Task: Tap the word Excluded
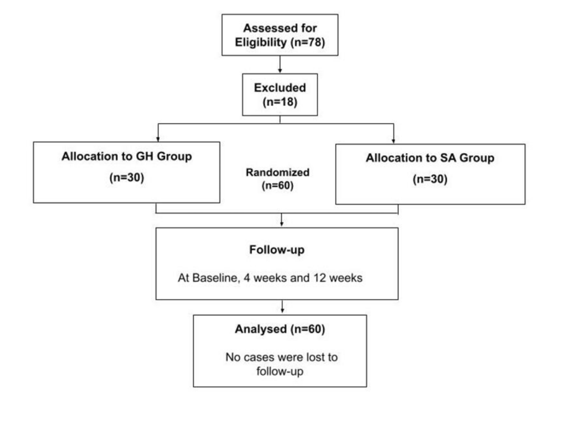pyautogui.click(x=279, y=87)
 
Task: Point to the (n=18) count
pyautogui.click(x=279, y=102)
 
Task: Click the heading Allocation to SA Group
pyautogui.click(x=430, y=158)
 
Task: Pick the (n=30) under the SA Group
pyautogui.click(x=430, y=180)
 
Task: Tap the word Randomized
pyautogui.click(x=278, y=172)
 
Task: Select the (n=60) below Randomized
pyautogui.click(x=278, y=186)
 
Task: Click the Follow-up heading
pyautogui.click(x=277, y=250)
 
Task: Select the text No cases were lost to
pyautogui.click(x=280, y=357)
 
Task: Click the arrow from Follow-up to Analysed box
pyautogui.click(x=281, y=307)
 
